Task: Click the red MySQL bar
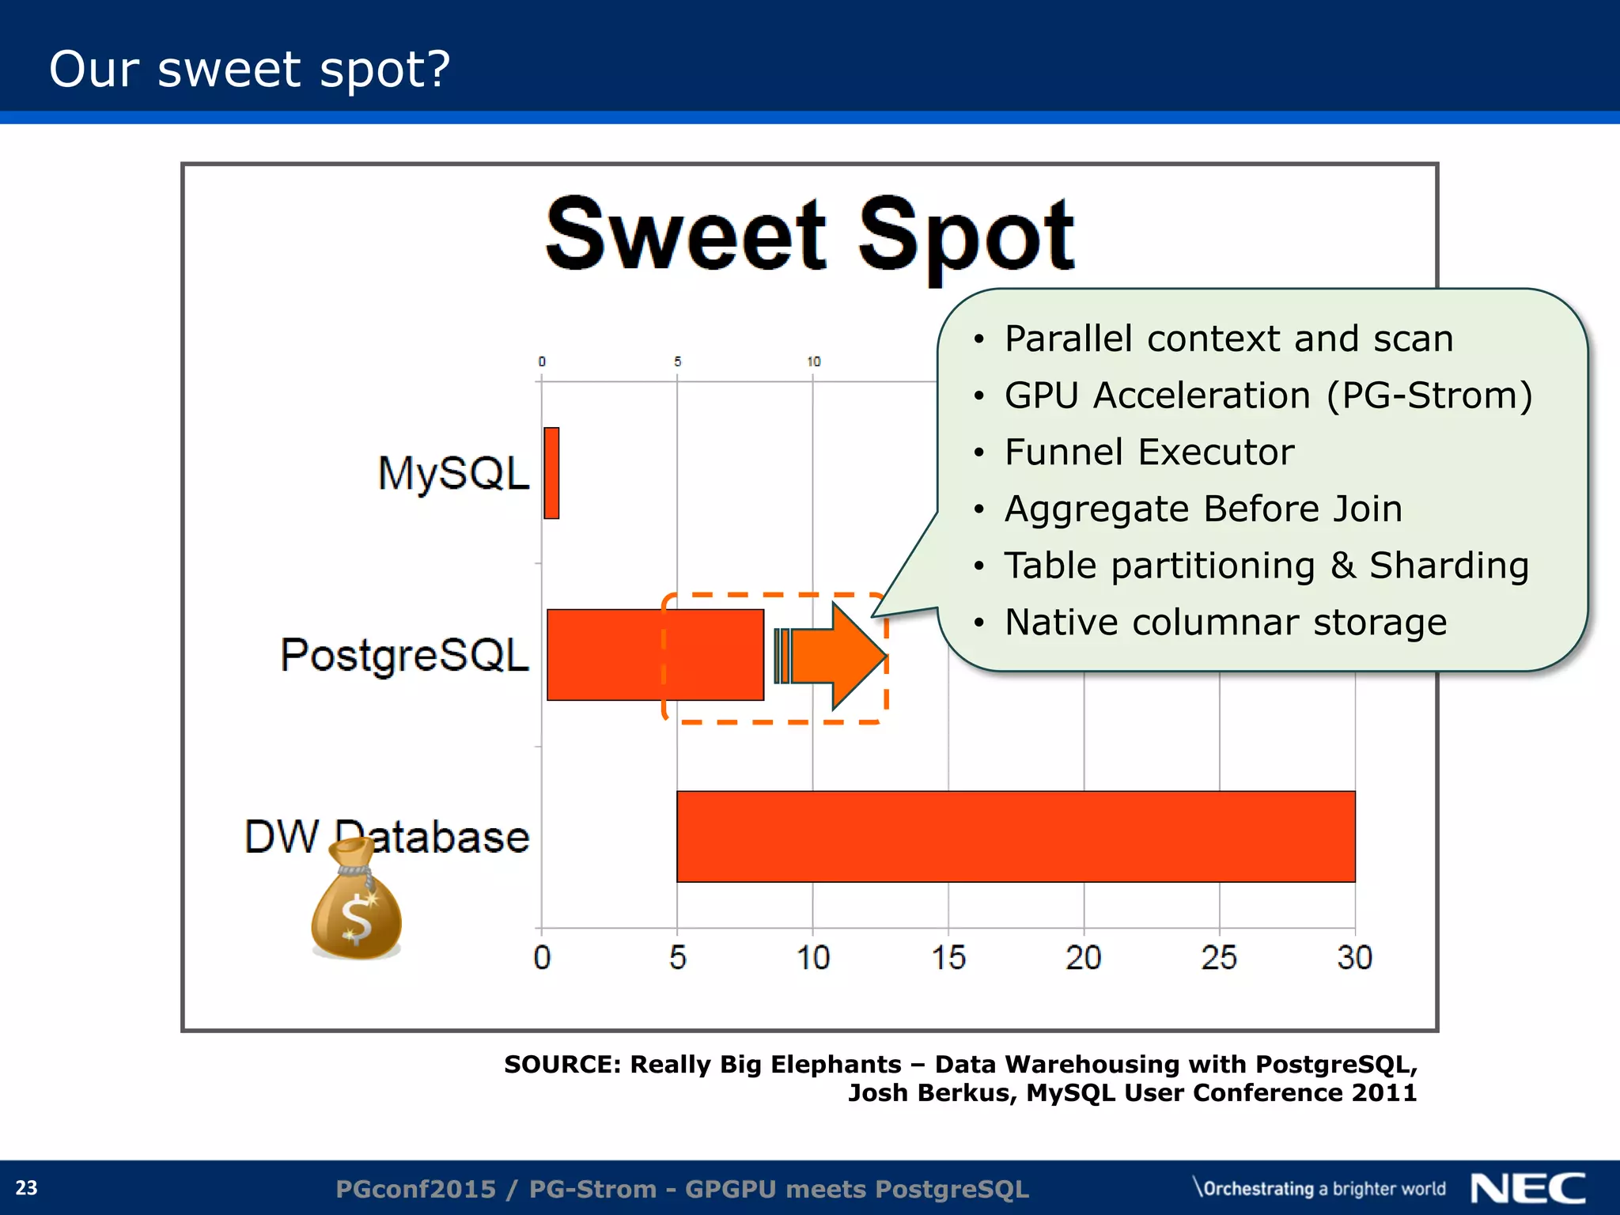[551, 473]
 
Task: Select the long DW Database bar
[1016, 836]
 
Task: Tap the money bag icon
[357, 902]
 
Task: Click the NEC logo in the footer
[1527, 1188]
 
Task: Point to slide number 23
[27, 1187]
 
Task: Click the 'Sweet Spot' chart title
[809, 235]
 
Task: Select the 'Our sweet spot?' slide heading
[249, 69]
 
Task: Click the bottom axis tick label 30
[1354, 958]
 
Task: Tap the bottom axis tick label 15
[948, 958]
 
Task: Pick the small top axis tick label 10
[813, 361]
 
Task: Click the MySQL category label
[453, 473]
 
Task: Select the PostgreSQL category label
[404, 655]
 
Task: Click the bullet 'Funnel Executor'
[1149, 452]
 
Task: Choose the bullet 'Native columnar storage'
[1225, 622]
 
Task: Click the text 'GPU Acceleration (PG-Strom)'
[1268, 396]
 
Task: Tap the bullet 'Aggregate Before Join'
[1203, 509]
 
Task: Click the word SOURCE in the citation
[562, 1065]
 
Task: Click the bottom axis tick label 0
[542, 958]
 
